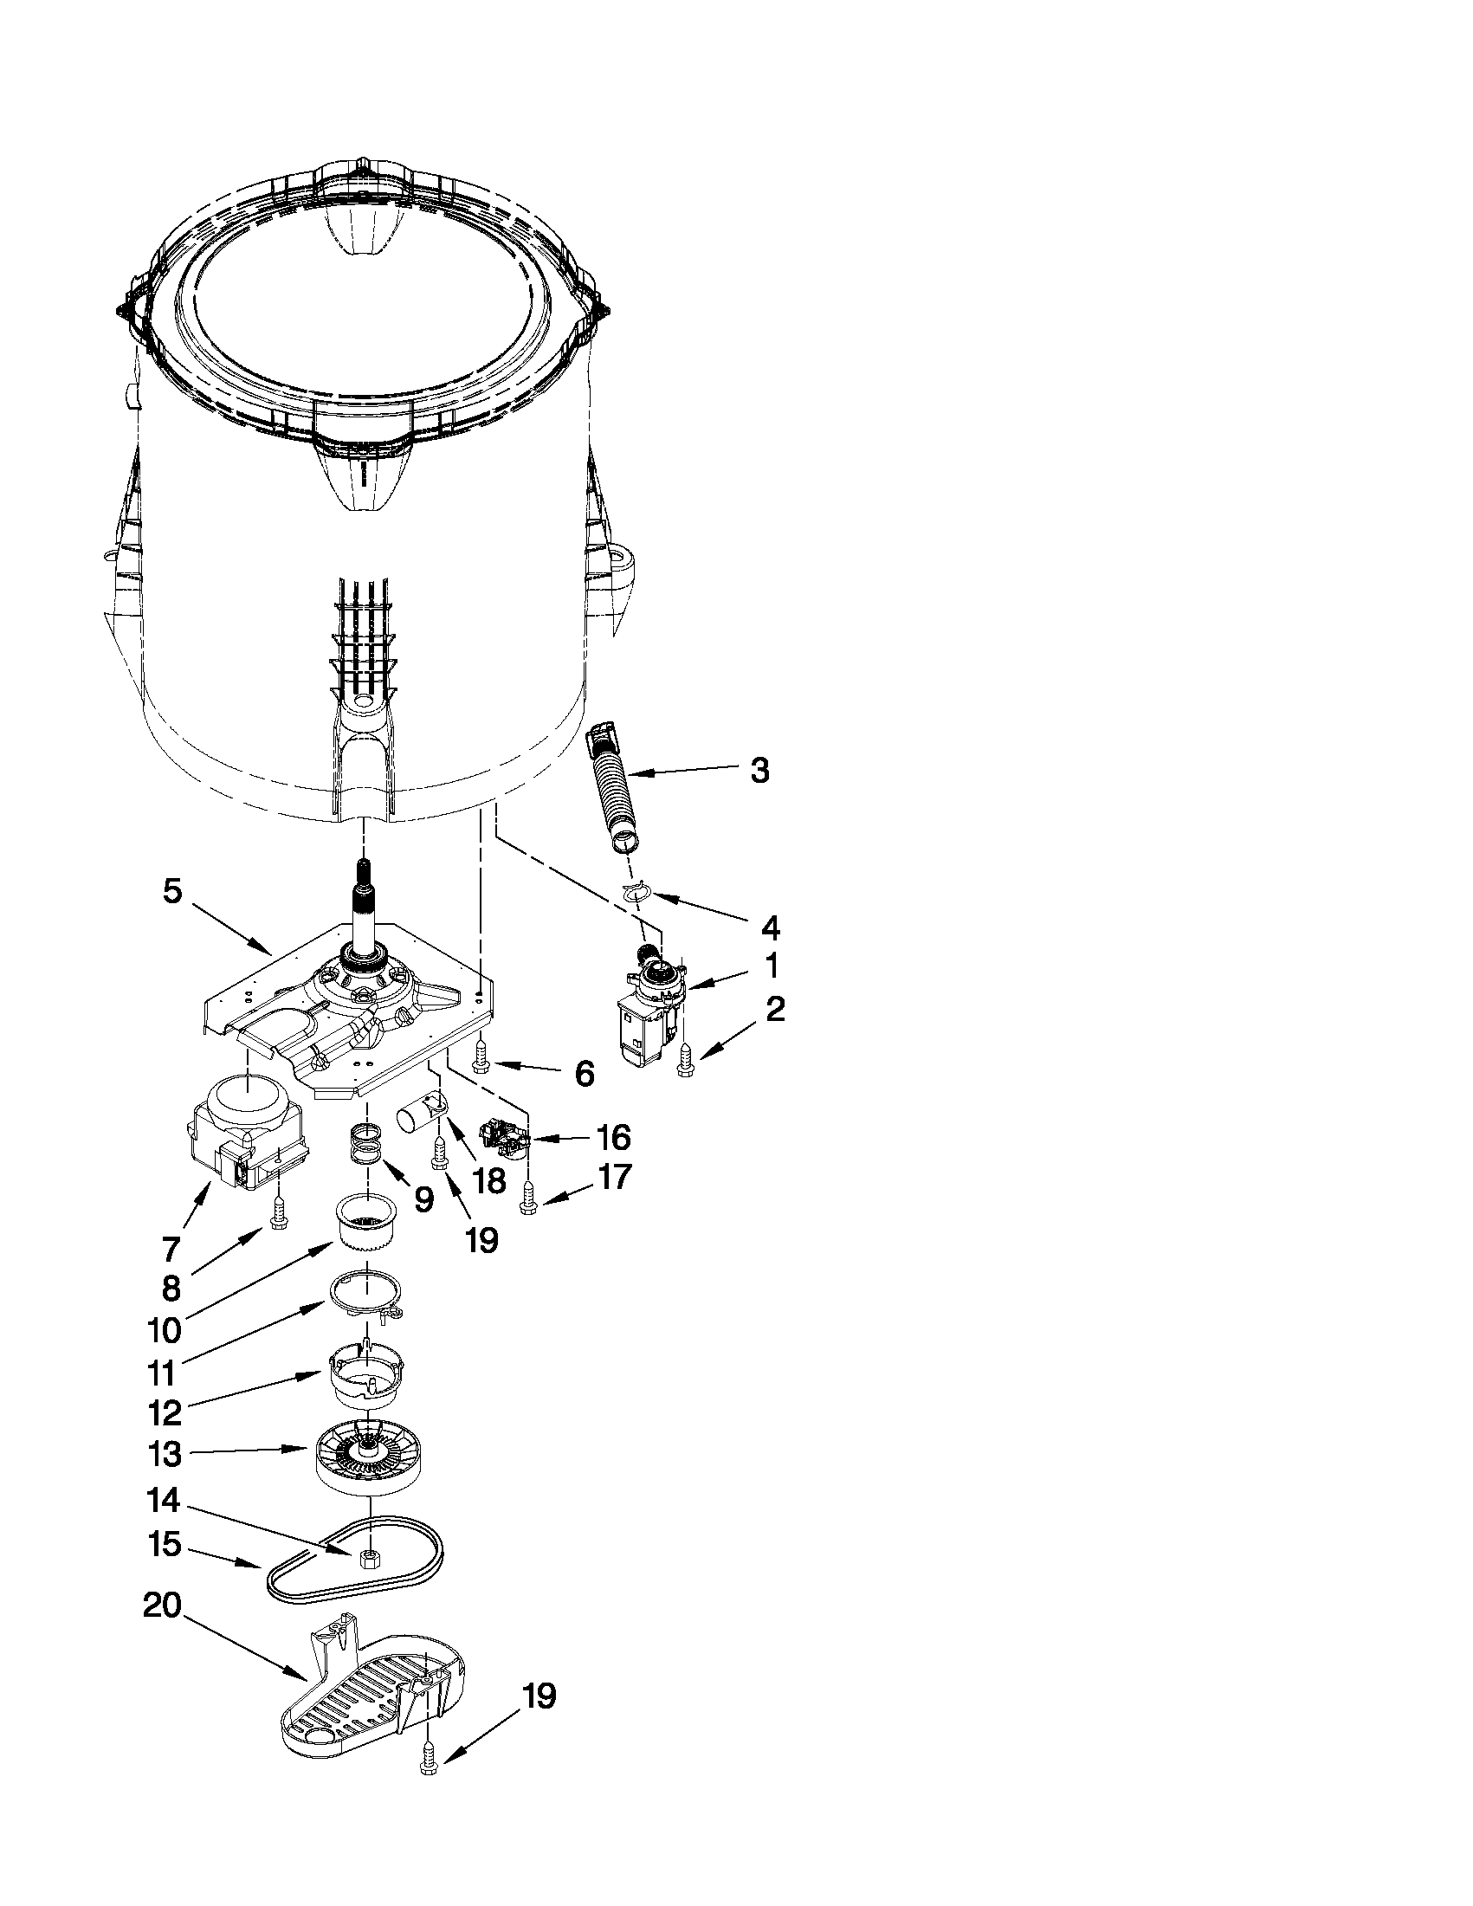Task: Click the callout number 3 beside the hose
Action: click(x=759, y=772)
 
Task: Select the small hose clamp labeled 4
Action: click(x=637, y=891)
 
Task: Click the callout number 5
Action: click(x=172, y=891)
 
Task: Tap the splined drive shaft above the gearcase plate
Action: click(x=363, y=908)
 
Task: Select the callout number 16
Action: click(x=612, y=1138)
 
